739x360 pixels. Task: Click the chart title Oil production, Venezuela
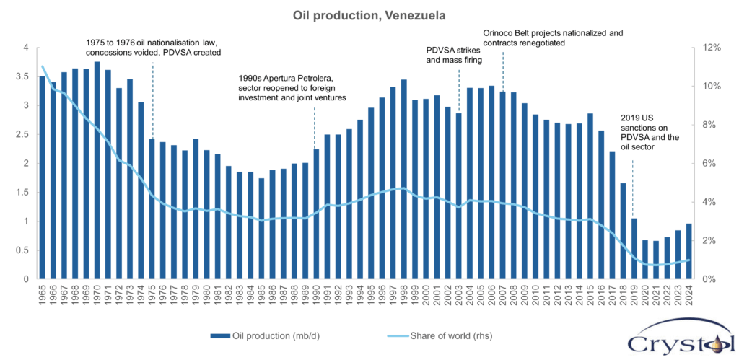coord(369,14)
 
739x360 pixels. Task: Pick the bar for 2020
coord(645,260)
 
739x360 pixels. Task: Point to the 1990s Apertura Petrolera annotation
coord(293,87)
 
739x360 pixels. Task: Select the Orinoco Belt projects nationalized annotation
coord(552,38)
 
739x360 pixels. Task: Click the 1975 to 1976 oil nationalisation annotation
coord(153,48)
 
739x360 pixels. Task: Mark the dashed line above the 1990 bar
coord(315,126)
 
